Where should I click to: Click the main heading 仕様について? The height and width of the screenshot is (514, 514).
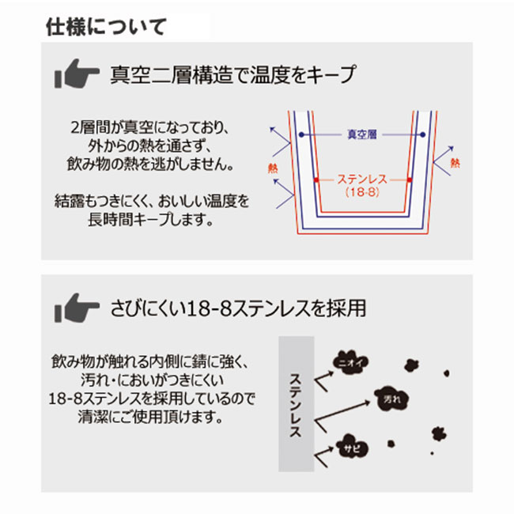(106, 27)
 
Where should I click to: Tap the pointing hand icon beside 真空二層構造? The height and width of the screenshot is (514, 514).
(77, 74)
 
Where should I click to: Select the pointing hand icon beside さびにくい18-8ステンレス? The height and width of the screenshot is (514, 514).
(77, 308)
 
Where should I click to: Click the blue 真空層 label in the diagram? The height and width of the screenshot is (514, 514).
(362, 134)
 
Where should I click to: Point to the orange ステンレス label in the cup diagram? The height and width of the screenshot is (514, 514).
(362, 180)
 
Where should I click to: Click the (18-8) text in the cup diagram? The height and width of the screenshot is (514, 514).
(362, 192)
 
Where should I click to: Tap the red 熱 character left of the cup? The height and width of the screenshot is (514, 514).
(273, 168)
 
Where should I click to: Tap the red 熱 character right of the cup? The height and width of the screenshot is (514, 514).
(455, 163)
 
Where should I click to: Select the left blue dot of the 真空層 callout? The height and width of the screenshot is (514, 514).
(301, 134)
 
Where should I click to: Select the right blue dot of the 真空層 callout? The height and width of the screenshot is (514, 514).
(422, 134)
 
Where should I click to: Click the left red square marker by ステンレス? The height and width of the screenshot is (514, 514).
(316, 180)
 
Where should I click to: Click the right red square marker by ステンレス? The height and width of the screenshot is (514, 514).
(410, 180)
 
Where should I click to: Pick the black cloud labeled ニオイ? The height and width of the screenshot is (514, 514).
(350, 362)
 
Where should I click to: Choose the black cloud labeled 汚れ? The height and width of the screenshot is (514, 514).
(392, 399)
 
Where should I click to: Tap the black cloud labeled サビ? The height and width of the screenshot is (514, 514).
(352, 447)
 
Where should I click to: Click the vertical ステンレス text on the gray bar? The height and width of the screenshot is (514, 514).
(296, 405)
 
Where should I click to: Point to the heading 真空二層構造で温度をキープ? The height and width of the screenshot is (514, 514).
(232, 75)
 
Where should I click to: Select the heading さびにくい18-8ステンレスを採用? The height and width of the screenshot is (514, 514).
(238, 308)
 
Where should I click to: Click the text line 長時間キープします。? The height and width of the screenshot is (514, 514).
(150, 220)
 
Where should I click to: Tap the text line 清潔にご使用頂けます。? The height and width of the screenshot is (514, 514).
(150, 417)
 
